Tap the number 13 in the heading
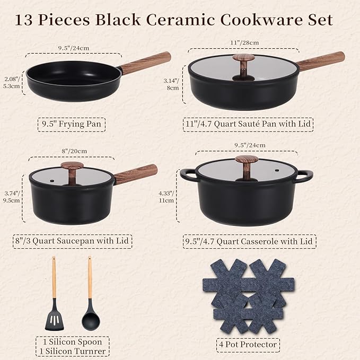point(25,20)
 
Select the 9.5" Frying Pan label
point(72,125)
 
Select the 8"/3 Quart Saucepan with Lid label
point(72,241)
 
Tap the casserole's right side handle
point(304,175)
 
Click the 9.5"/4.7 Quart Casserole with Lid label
point(249,242)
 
